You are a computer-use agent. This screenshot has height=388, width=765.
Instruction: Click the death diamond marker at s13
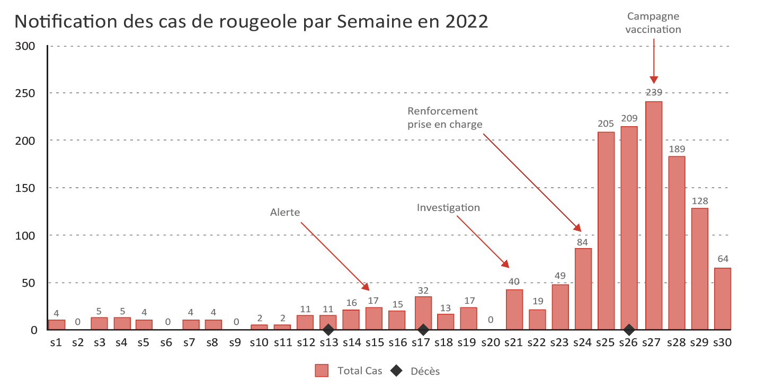[x=328, y=330]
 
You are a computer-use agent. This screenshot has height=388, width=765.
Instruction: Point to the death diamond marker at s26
[x=629, y=330]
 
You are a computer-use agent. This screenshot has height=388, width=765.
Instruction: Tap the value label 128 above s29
[x=699, y=201]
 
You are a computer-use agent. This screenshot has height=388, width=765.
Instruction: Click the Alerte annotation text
[x=285, y=213]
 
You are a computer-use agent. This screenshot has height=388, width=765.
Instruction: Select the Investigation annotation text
[x=448, y=207]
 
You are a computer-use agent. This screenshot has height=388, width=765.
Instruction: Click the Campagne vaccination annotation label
[x=653, y=23]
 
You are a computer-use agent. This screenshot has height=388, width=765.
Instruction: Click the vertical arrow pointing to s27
[x=654, y=58]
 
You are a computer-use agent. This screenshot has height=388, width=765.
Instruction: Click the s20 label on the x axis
[x=491, y=343]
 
